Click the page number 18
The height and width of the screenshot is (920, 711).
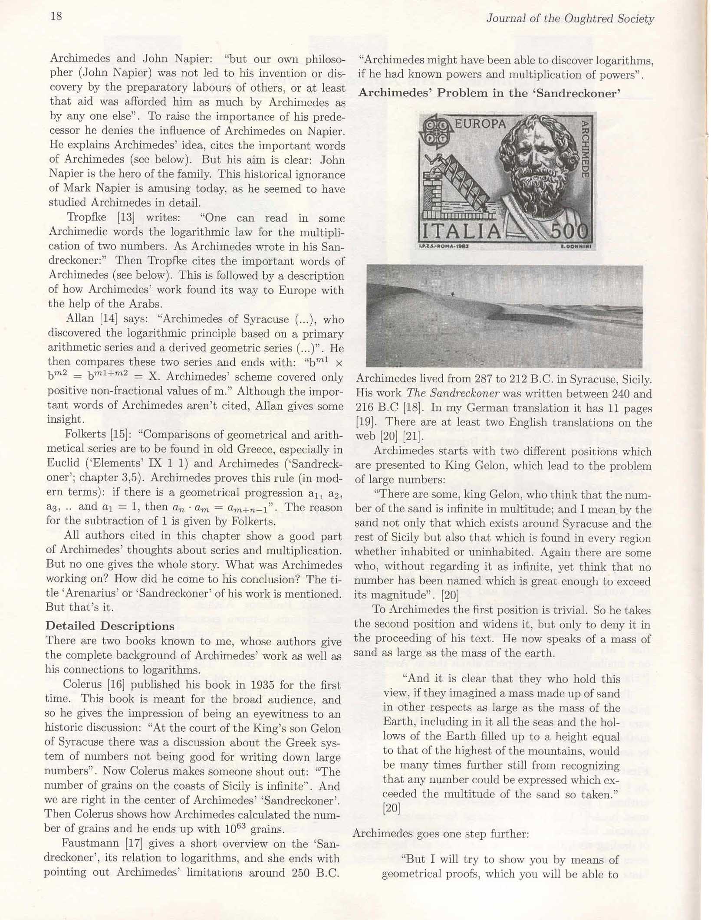coord(56,16)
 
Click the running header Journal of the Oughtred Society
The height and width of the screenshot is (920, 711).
coord(569,19)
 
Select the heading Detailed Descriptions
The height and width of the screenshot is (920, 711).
coord(110,626)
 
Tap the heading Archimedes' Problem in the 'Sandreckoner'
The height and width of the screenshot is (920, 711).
coord(489,93)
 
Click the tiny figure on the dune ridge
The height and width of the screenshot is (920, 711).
coord(453,294)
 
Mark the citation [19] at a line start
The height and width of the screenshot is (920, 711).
coord(363,422)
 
